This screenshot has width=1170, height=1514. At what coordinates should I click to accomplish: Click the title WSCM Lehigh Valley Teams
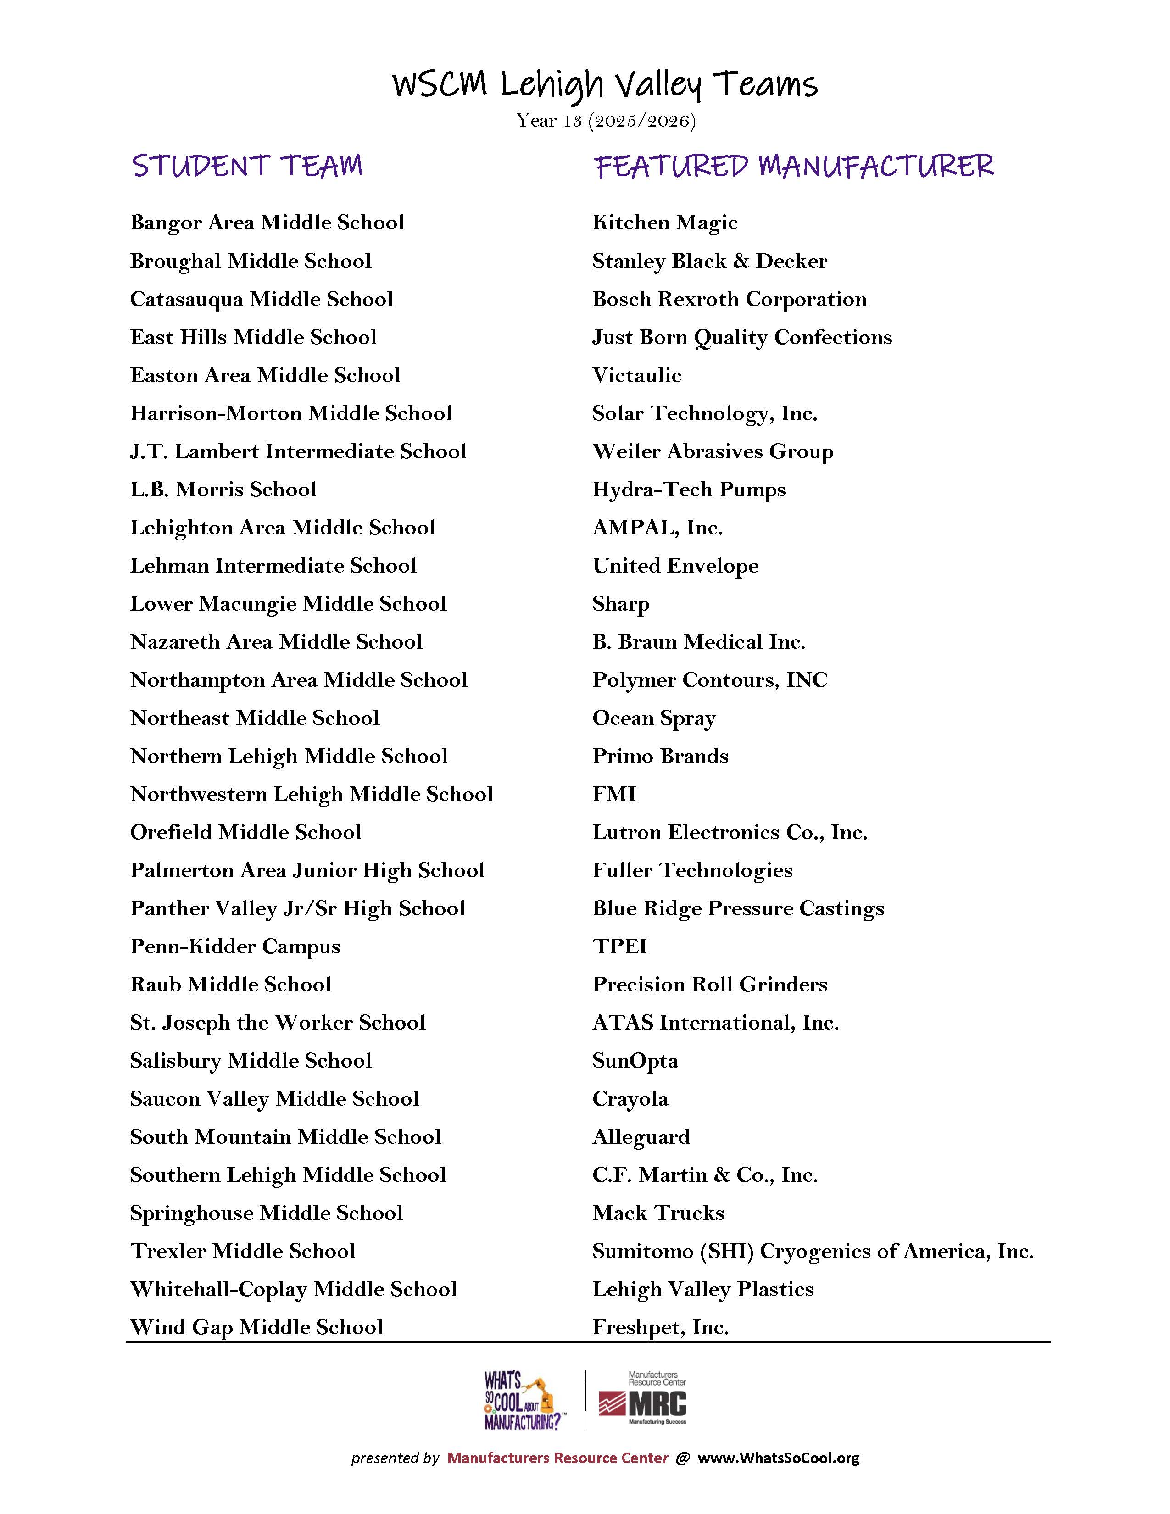pos(604,84)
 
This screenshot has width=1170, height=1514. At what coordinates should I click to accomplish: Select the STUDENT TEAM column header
pos(247,167)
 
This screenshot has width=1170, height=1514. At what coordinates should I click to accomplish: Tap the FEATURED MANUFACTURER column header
pos(794,167)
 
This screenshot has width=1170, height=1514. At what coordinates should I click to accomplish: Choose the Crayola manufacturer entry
pos(630,1099)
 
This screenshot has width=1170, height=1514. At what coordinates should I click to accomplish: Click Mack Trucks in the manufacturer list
pos(658,1213)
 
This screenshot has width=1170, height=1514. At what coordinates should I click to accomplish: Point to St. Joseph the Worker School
pos(277,1023)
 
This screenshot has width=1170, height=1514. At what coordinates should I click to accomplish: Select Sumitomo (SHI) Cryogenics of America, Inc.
pos(812,1251)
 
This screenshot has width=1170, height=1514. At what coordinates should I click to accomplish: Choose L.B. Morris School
pos(223,490)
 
